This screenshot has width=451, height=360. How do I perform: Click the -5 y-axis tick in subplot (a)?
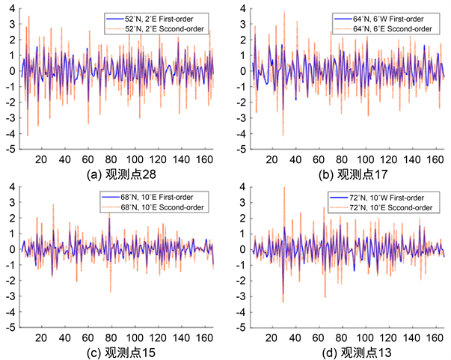tap(10, 149)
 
